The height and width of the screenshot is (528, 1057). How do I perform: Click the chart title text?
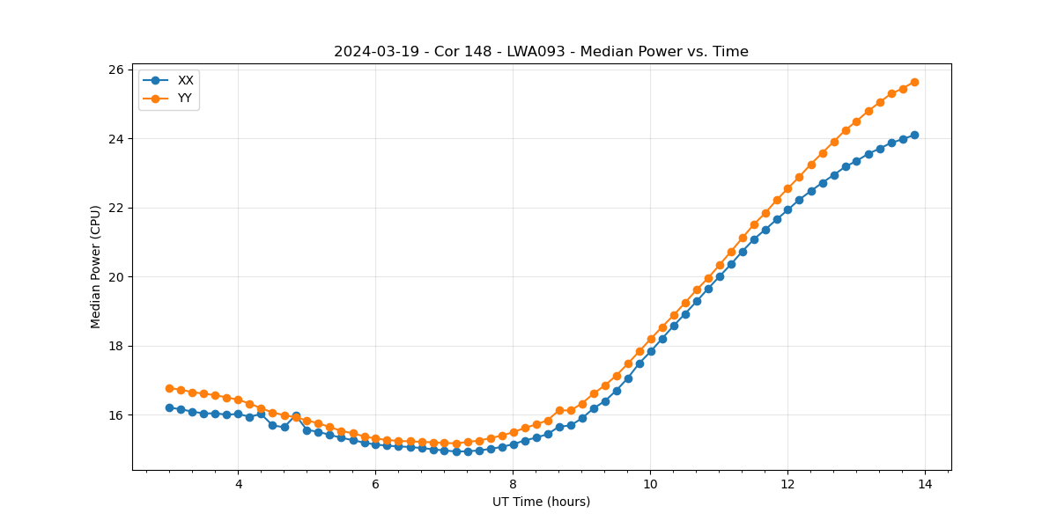pos(541,52)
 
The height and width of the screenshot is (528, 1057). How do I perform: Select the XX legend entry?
pos(185,80)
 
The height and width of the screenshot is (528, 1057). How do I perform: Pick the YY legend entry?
pos(185,98)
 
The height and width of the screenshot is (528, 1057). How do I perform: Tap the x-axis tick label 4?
pos(238,484)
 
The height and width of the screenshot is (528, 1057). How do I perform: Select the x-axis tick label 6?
pos(375,484)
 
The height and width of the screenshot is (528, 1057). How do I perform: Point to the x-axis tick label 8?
pos(513,484)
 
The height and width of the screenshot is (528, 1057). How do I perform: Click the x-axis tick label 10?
pos(650,484)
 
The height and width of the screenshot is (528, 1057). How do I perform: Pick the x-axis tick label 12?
pos(787,484)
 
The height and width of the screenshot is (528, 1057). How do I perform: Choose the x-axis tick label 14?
pos(925,484)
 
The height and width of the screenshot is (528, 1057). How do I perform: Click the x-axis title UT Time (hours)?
pos(541,502)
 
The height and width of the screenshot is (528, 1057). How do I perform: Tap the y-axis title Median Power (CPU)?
pos(96,267)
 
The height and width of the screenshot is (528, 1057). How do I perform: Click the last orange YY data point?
pos(914,82)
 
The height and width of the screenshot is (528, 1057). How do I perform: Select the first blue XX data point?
pos(169,407)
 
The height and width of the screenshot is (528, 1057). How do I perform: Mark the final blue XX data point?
pos(914,135)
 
